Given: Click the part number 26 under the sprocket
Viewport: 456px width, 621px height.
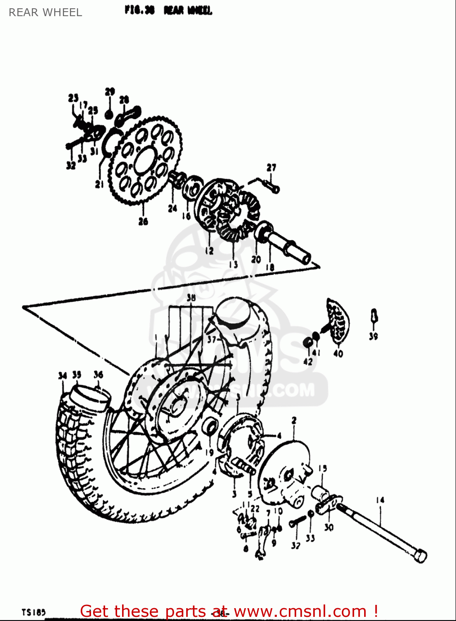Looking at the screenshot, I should pos(143,221).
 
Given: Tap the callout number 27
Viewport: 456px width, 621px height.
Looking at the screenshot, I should pos(271,168).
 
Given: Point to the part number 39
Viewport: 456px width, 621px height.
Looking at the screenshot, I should pos(373,337).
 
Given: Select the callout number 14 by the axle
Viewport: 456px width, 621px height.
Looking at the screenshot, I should pos(380,500).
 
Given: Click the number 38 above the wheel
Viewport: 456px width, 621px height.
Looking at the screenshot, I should pos(191,298).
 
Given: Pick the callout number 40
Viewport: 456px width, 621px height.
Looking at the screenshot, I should pos(338,354).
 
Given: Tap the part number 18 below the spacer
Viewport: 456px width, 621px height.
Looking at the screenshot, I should pos(270,267).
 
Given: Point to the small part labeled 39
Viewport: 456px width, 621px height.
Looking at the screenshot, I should pos(374,316).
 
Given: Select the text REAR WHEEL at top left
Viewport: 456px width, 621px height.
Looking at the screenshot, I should pos(45,12).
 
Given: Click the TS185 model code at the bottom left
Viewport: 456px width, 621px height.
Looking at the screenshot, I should pos(34,612).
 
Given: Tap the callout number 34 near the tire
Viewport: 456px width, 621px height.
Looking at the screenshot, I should pos(62,376).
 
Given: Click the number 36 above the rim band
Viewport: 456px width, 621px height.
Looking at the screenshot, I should pos(98,375).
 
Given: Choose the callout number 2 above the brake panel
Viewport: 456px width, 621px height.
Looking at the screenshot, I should pos(294,421).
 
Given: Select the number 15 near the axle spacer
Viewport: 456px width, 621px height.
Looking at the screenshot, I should pos(323,468).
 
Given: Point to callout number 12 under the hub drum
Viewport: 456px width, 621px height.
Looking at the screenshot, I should pos(209,250).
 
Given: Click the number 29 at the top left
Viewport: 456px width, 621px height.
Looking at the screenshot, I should pos(110,91).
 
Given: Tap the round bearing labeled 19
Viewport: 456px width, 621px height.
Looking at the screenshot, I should pos(211,426).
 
